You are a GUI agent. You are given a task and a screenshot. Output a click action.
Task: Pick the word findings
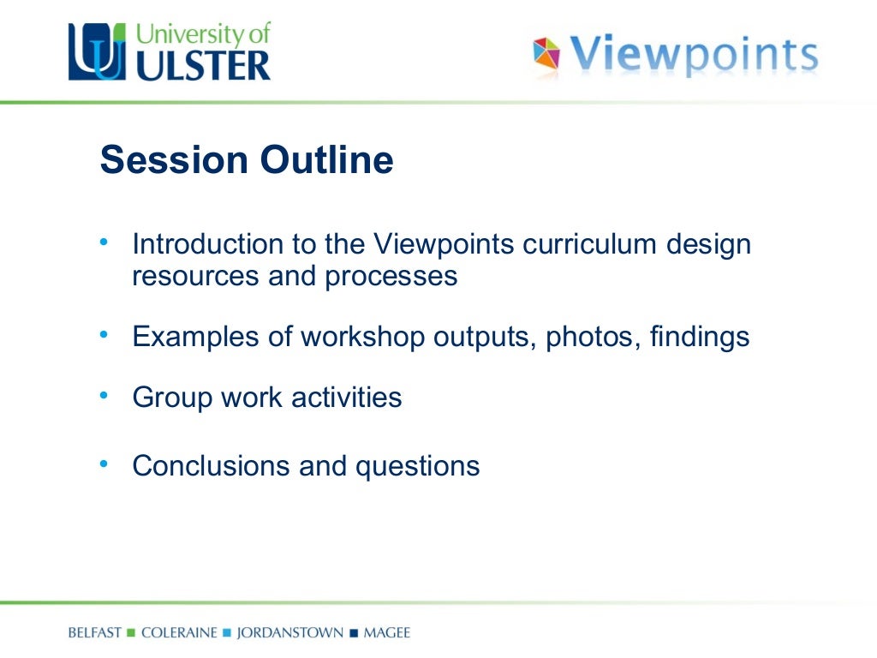(x=700, y=338)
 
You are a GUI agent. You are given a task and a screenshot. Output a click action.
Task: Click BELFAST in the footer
(x=95, y=634)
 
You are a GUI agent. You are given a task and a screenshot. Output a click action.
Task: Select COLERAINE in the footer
(x=179, y=634)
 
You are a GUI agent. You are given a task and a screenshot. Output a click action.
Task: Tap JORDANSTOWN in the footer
(x=289, y=634)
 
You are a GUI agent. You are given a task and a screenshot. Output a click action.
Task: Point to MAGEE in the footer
(x=387, y=634)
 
